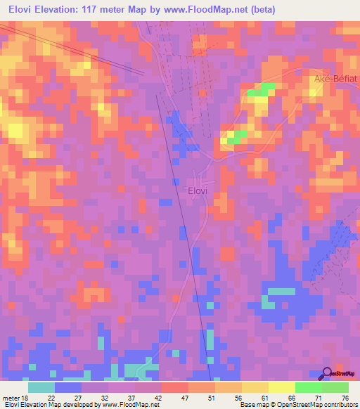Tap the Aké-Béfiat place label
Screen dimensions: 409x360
(x=335, y=80)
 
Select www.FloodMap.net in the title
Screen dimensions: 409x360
(x=211, y=10)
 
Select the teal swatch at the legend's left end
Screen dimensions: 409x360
(x=41, y=387)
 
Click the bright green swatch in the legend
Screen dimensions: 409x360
(x=309, y=387)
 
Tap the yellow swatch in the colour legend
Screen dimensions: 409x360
(x=282, y=387)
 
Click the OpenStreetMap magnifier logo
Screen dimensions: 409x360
(x=328, y=373)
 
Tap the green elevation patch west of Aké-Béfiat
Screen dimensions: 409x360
(x=260, y=91)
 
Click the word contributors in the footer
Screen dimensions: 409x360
(x=335, y=405)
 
